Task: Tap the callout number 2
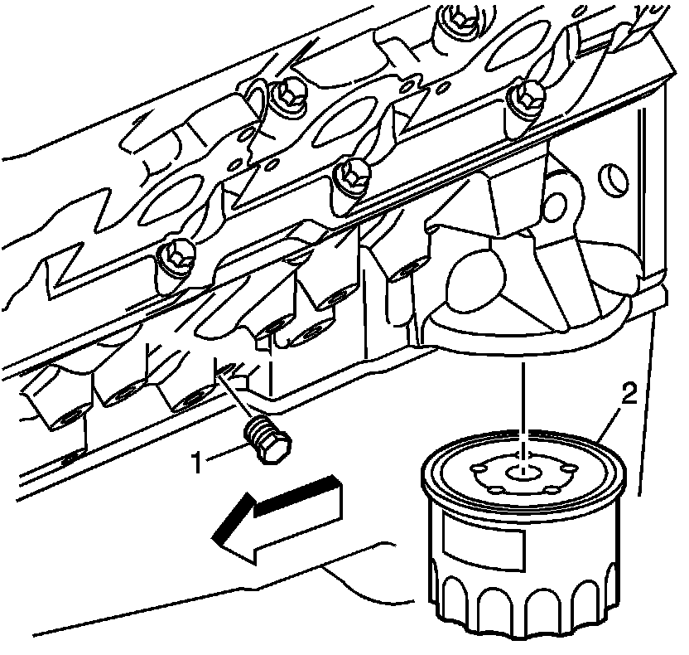pyautogui.click(x=629, y=394)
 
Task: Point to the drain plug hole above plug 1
pyautogui.click(x=224, y=370)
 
